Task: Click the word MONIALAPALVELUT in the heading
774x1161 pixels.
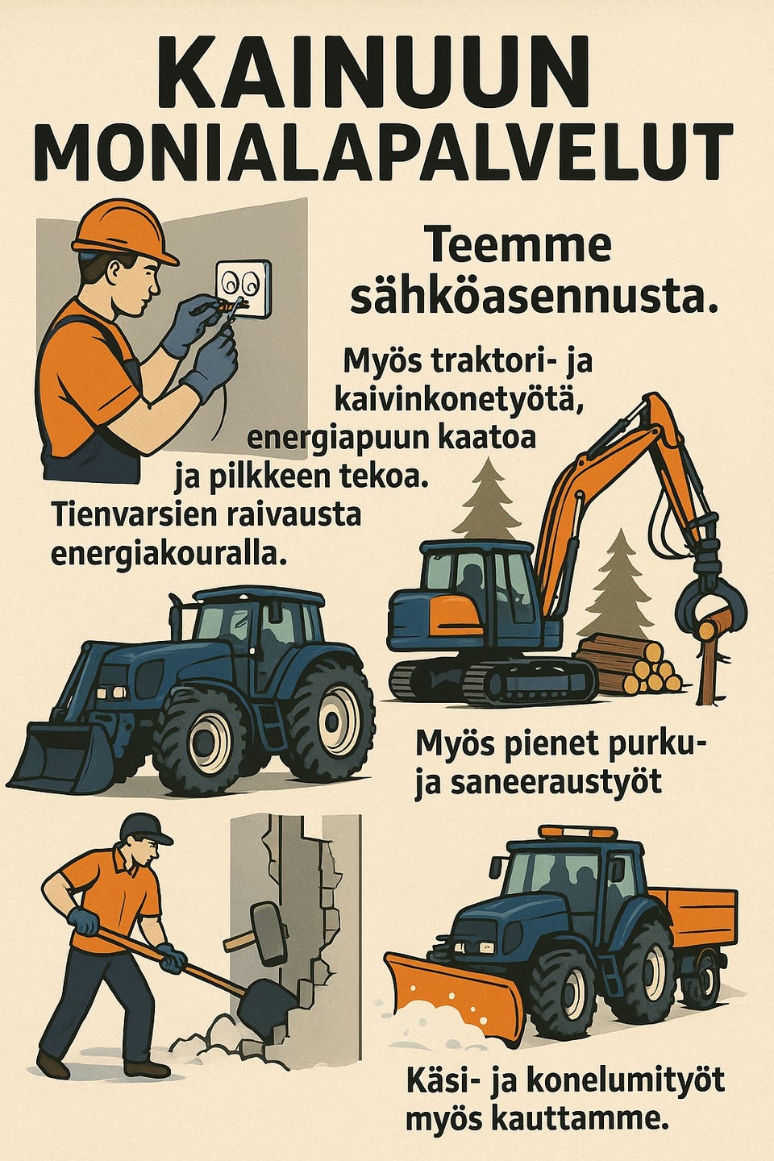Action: click(x=385, y=153)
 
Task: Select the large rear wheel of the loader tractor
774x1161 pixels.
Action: click(x=331, y=717)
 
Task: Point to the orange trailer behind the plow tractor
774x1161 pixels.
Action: click(x=697, y=919)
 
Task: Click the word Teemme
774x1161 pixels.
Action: click(x=517, y=246)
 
